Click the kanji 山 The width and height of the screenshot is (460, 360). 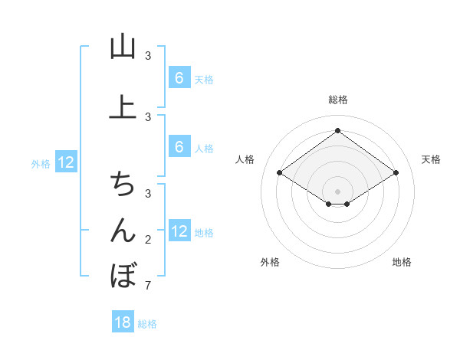(123, 47)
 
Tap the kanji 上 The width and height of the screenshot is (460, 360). (123, 107)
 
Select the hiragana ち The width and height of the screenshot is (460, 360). (123, 184)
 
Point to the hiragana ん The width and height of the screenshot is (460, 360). (123, 230)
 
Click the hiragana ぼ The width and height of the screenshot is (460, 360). (123, 275)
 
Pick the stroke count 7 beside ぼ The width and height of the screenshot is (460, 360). (147, 286)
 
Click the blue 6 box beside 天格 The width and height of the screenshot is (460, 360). (179, 78)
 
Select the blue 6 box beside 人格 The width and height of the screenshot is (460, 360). (179, 147)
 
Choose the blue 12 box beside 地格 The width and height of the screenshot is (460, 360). (179, 231)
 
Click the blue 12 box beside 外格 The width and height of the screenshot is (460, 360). (65, 162)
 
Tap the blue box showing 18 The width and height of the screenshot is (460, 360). (123, 322)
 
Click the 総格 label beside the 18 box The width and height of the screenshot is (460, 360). (147, 324)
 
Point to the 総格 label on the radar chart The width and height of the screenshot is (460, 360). (337, 100)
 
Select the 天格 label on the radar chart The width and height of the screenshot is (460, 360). (431, 159)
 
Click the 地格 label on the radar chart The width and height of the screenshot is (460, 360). (402, 262)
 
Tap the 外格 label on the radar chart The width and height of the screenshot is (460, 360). (270, 262)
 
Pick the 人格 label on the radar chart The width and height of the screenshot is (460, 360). (245, 159)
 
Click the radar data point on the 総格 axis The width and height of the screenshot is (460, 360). (337, 130)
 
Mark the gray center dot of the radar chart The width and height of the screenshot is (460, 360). (337, 191)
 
